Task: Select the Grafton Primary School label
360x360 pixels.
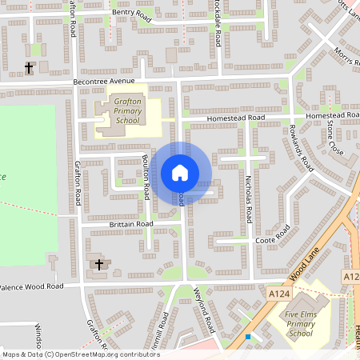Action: coord(127,111)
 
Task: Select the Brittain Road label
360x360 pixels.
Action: coord(130,224)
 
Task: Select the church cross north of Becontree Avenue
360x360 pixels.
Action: coord(30,68)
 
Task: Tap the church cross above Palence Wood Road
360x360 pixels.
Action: coord(99,264)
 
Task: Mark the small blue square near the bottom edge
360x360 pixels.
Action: coord(249,337)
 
